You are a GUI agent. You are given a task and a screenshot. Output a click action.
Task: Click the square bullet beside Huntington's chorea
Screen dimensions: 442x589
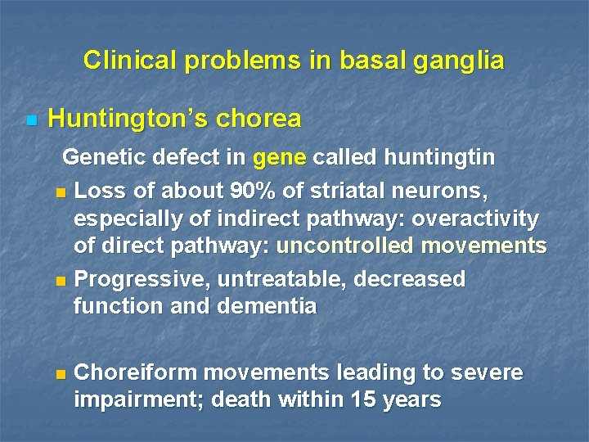(x=31, y=120)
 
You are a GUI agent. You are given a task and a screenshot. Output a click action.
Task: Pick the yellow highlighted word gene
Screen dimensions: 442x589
(x=280, y=157)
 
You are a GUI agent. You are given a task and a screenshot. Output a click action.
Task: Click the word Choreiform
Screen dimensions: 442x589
(x=136, y=372)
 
